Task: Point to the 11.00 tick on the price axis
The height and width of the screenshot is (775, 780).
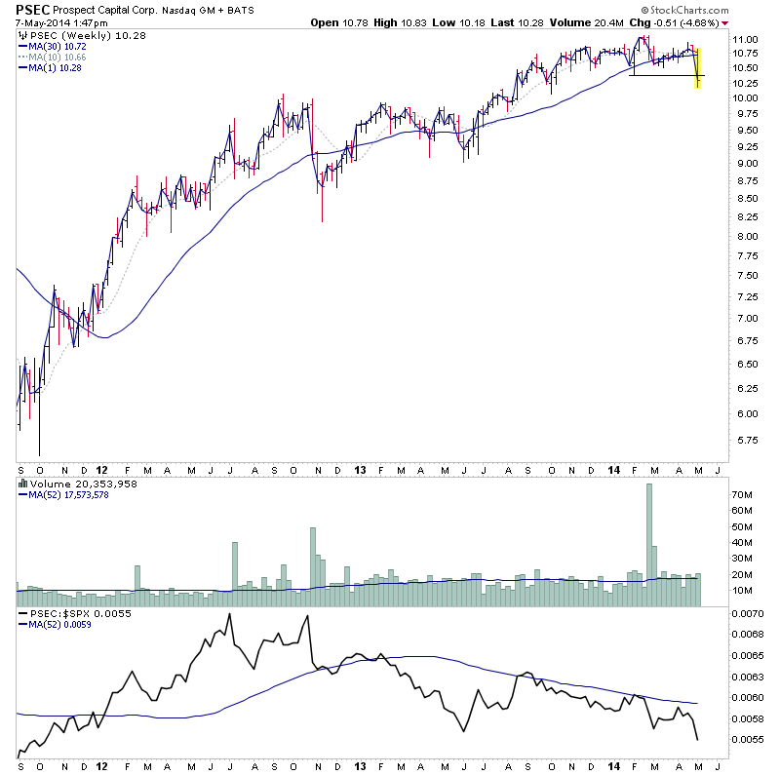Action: tap(746, 39)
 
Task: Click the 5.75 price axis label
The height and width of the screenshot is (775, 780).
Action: tap(746, 440)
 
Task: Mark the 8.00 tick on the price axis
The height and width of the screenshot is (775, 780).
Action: tap(746, 236)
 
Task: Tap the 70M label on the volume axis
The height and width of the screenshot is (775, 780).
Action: tap(744, 495)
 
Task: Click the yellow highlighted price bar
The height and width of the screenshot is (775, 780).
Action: tap(698, 66)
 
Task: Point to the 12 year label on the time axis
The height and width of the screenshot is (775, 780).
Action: tap(101, 468)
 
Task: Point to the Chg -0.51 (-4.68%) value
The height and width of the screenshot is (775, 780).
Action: tap(678, 22)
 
